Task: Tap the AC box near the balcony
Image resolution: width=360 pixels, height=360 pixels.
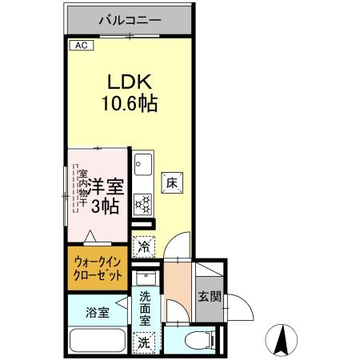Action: coord(80,46)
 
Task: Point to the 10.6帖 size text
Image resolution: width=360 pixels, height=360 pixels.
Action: coord(128,103)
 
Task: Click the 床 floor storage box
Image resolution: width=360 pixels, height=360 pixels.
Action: coord(171,182)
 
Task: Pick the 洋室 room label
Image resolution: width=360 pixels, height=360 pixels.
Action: coord(104,185)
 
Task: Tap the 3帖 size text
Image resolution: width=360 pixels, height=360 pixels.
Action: coord(104,206)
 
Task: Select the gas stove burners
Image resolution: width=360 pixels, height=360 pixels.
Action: coord(144,205)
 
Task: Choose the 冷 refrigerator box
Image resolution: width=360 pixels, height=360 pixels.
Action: coord(145,246)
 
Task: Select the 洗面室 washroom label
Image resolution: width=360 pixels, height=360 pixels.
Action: coord(145,307)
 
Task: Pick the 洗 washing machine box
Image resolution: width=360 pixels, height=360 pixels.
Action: coord(144,342)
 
